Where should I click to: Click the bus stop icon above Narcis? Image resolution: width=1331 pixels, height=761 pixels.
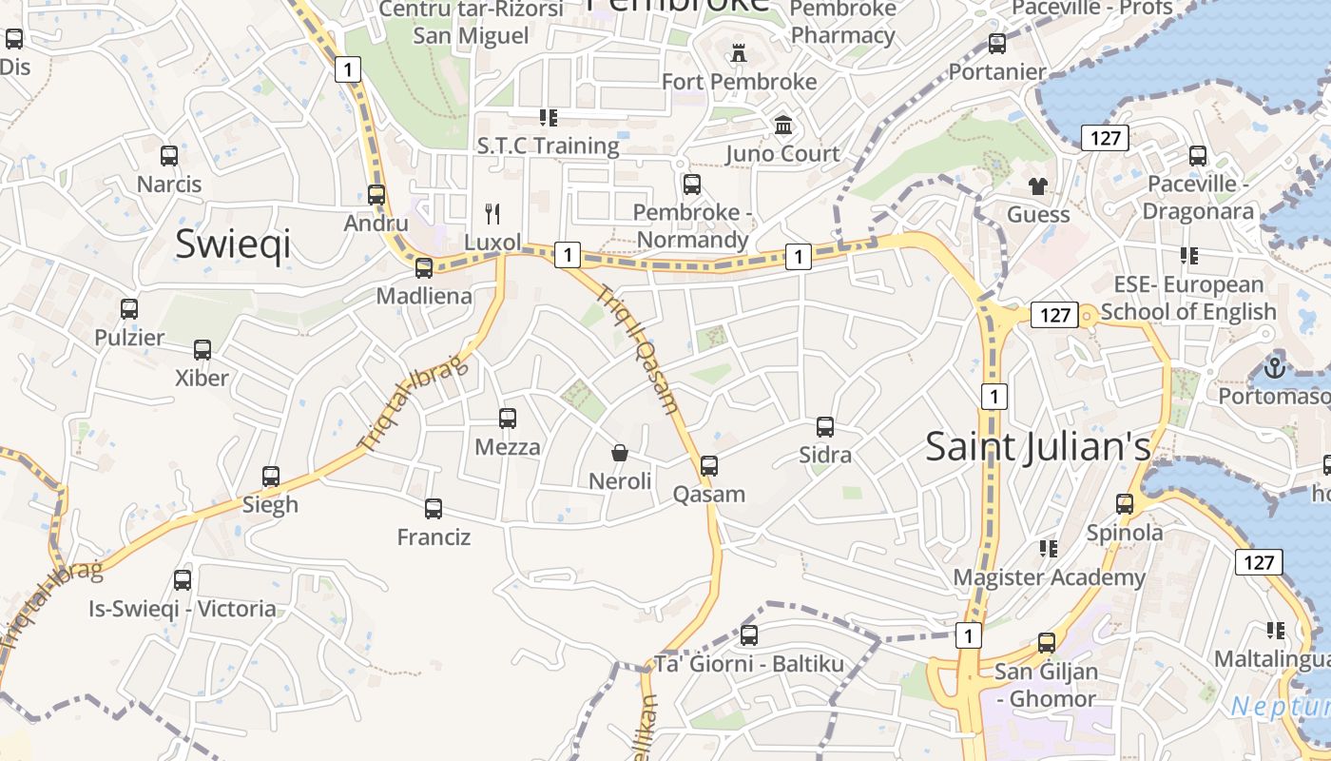click(x=169, y=155)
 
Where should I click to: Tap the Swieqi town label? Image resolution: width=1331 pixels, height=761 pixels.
click(x=233, y=244)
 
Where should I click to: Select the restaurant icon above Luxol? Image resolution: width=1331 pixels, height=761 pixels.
click(x=492, y=213)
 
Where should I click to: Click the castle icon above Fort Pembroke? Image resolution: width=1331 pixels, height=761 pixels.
click(x=739, y=53)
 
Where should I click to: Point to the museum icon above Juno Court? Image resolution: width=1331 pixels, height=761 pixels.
click(x=783, y=125)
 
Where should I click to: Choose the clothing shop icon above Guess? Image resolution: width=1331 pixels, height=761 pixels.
click(x=1037, y=185)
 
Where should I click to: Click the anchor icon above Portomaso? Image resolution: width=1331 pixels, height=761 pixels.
click(x=1274, y=366)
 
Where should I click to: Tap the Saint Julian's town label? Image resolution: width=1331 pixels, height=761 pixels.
click(x=1037, y=446)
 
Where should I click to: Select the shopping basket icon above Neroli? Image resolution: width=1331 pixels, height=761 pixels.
click(x=620, y=453)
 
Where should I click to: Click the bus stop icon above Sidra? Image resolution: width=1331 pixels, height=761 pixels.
click(x=825, y=427)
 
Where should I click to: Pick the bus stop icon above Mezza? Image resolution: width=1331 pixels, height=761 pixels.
click(x=508, y=418)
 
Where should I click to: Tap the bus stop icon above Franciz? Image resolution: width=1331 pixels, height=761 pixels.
click(x=434, y=509)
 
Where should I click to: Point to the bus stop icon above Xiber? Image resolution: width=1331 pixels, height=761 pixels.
click(x=203, y=349)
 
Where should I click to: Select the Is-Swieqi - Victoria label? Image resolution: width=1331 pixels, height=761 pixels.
click(x=183, y=609)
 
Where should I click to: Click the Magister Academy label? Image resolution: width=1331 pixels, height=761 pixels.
click(x=1050, y=577)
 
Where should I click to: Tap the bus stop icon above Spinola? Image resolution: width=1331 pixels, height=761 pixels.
click(x=1125, y=504)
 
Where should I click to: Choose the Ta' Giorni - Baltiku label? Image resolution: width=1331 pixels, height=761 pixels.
click(x=749, y=664)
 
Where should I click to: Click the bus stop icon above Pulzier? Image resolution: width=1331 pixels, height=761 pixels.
click(x=129, y=309)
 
